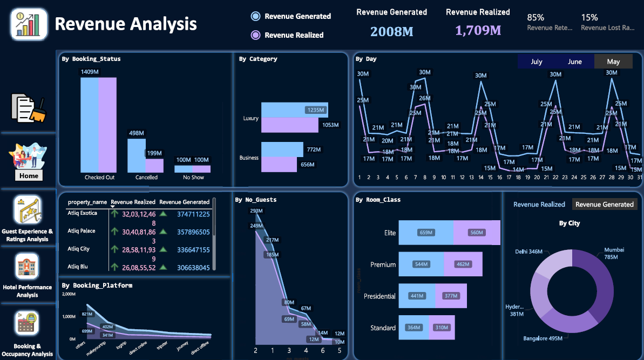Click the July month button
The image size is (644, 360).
536,62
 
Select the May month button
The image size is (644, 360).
613,62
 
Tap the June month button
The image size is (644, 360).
575,62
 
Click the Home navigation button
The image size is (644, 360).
29,175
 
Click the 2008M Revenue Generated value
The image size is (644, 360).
391,31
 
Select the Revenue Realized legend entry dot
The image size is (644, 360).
256,35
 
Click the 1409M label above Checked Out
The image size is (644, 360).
90,72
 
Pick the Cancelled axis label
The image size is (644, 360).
146,177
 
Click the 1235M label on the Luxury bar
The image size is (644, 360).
315,110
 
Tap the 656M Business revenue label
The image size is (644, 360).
307,165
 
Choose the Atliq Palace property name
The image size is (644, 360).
82,231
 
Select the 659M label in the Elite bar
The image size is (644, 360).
426,233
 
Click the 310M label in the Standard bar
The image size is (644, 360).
442,328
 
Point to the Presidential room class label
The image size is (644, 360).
379,296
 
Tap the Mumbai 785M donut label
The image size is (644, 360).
613,253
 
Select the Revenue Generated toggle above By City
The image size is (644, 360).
604,205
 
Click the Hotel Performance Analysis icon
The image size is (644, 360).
27,266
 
